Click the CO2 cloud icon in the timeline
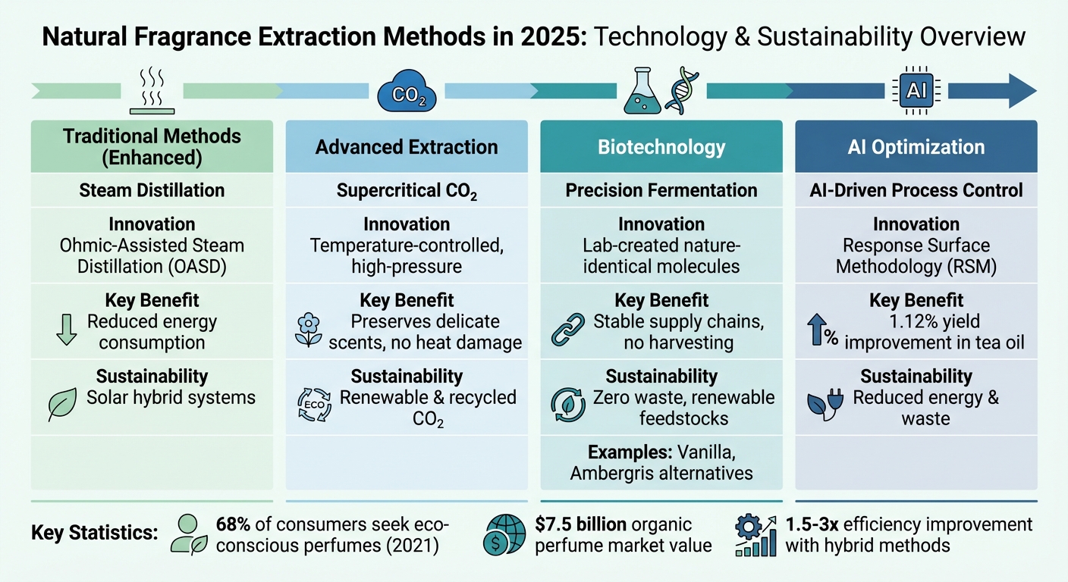(x=407, y=91)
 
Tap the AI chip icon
(x=916, y=90)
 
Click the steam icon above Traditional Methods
(x=152, y=91)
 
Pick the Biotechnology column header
(x=661, y=147)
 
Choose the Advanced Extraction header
(x=407, y=147)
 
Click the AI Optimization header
(x=916, y=147)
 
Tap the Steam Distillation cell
(x=152, y=190)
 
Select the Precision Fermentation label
(x=661, y=190)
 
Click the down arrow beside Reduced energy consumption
(x=67, y=329)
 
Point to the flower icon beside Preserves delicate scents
(x=309, y=330)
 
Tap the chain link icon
(x=568, y=329)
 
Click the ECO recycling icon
(x=314, y=405)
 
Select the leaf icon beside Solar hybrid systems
(x=62, y=405)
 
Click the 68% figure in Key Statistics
(x=233, y=524)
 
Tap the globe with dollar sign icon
(x=504, y=535)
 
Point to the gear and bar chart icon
(x=755, y=535)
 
